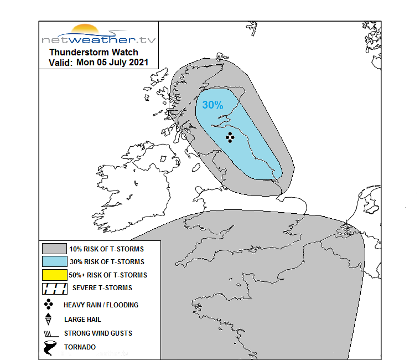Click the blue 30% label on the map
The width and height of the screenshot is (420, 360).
[x=212, y=105]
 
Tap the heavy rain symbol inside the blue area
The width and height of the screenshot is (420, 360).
[x=230, y=137]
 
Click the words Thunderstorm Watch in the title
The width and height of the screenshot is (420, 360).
[x=94, y=52]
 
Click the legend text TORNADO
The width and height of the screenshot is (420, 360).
[x=80, y=347]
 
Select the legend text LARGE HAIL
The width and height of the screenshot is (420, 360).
[x=82, y=319]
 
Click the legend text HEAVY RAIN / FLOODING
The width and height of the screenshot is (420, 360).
[x=101, y=305]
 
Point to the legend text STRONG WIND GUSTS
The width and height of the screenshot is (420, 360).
[x=98, y=333]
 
